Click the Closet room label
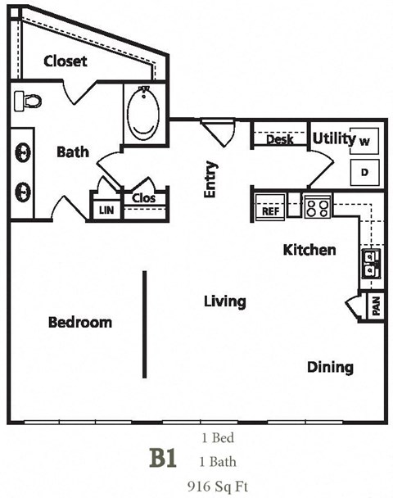point(65,61)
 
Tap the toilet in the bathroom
point(29,101)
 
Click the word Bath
point(73,152)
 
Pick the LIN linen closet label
point(106,211)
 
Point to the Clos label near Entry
point(143,197)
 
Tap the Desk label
point(280,140)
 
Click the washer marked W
point(364,141)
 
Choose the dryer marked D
point(364,172)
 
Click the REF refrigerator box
point(270,211)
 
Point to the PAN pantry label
point(376,307)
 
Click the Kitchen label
point(309,250)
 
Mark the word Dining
point(330,367)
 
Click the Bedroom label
point(79,322)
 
